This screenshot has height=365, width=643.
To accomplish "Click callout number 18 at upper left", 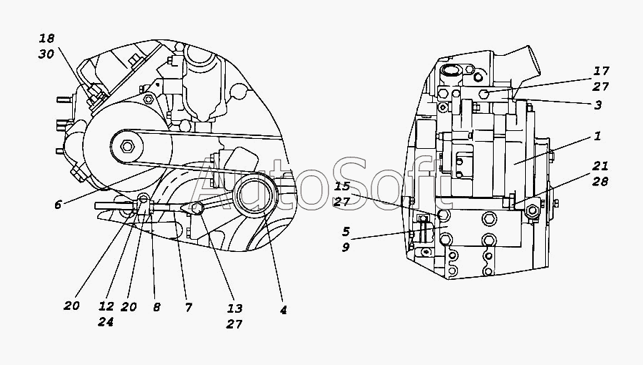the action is pos(46,39).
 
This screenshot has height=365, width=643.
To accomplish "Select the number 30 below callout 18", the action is pos(46,54).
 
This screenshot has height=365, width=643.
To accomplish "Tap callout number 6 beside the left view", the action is pos(58,205).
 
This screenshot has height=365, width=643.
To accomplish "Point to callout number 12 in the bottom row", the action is pos(106,306).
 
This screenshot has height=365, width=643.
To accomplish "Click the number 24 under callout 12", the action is pos(106,322).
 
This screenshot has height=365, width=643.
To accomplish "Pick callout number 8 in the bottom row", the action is pos(156,307).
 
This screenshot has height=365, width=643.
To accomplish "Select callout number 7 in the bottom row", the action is pos(188,307).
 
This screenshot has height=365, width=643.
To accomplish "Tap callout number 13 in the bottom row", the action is pos(235,308).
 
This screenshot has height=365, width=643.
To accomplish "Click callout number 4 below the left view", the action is pos(283,310).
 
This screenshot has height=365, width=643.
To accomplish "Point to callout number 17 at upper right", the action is pos(602,71).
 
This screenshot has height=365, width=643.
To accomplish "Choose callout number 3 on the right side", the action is pos(598,105).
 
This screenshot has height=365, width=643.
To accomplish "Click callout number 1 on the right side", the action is pos(597,136).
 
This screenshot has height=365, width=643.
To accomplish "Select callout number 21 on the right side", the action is pos(600,166).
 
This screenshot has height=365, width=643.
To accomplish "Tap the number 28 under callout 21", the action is pos(600,181).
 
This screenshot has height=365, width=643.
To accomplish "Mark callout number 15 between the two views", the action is pos(342,186).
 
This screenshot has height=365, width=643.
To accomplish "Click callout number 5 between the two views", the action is pos(346,232).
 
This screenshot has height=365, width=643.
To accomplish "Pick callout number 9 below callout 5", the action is pos(346,247).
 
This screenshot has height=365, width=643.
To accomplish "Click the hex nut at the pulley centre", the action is pos(126,146).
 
